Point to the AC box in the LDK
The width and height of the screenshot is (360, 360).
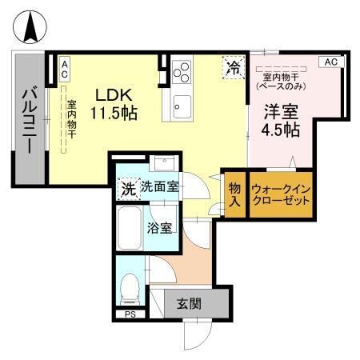pos(64,69)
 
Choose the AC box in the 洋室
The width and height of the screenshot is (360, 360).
pos(330,62)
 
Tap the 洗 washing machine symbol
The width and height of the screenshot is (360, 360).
pos(128,190)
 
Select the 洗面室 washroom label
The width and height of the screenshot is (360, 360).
pos(160,187)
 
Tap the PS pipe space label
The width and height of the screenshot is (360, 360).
pos(130,314)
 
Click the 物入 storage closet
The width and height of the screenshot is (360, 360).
pos(234,194)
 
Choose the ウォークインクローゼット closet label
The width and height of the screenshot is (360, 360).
pos(280,194)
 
